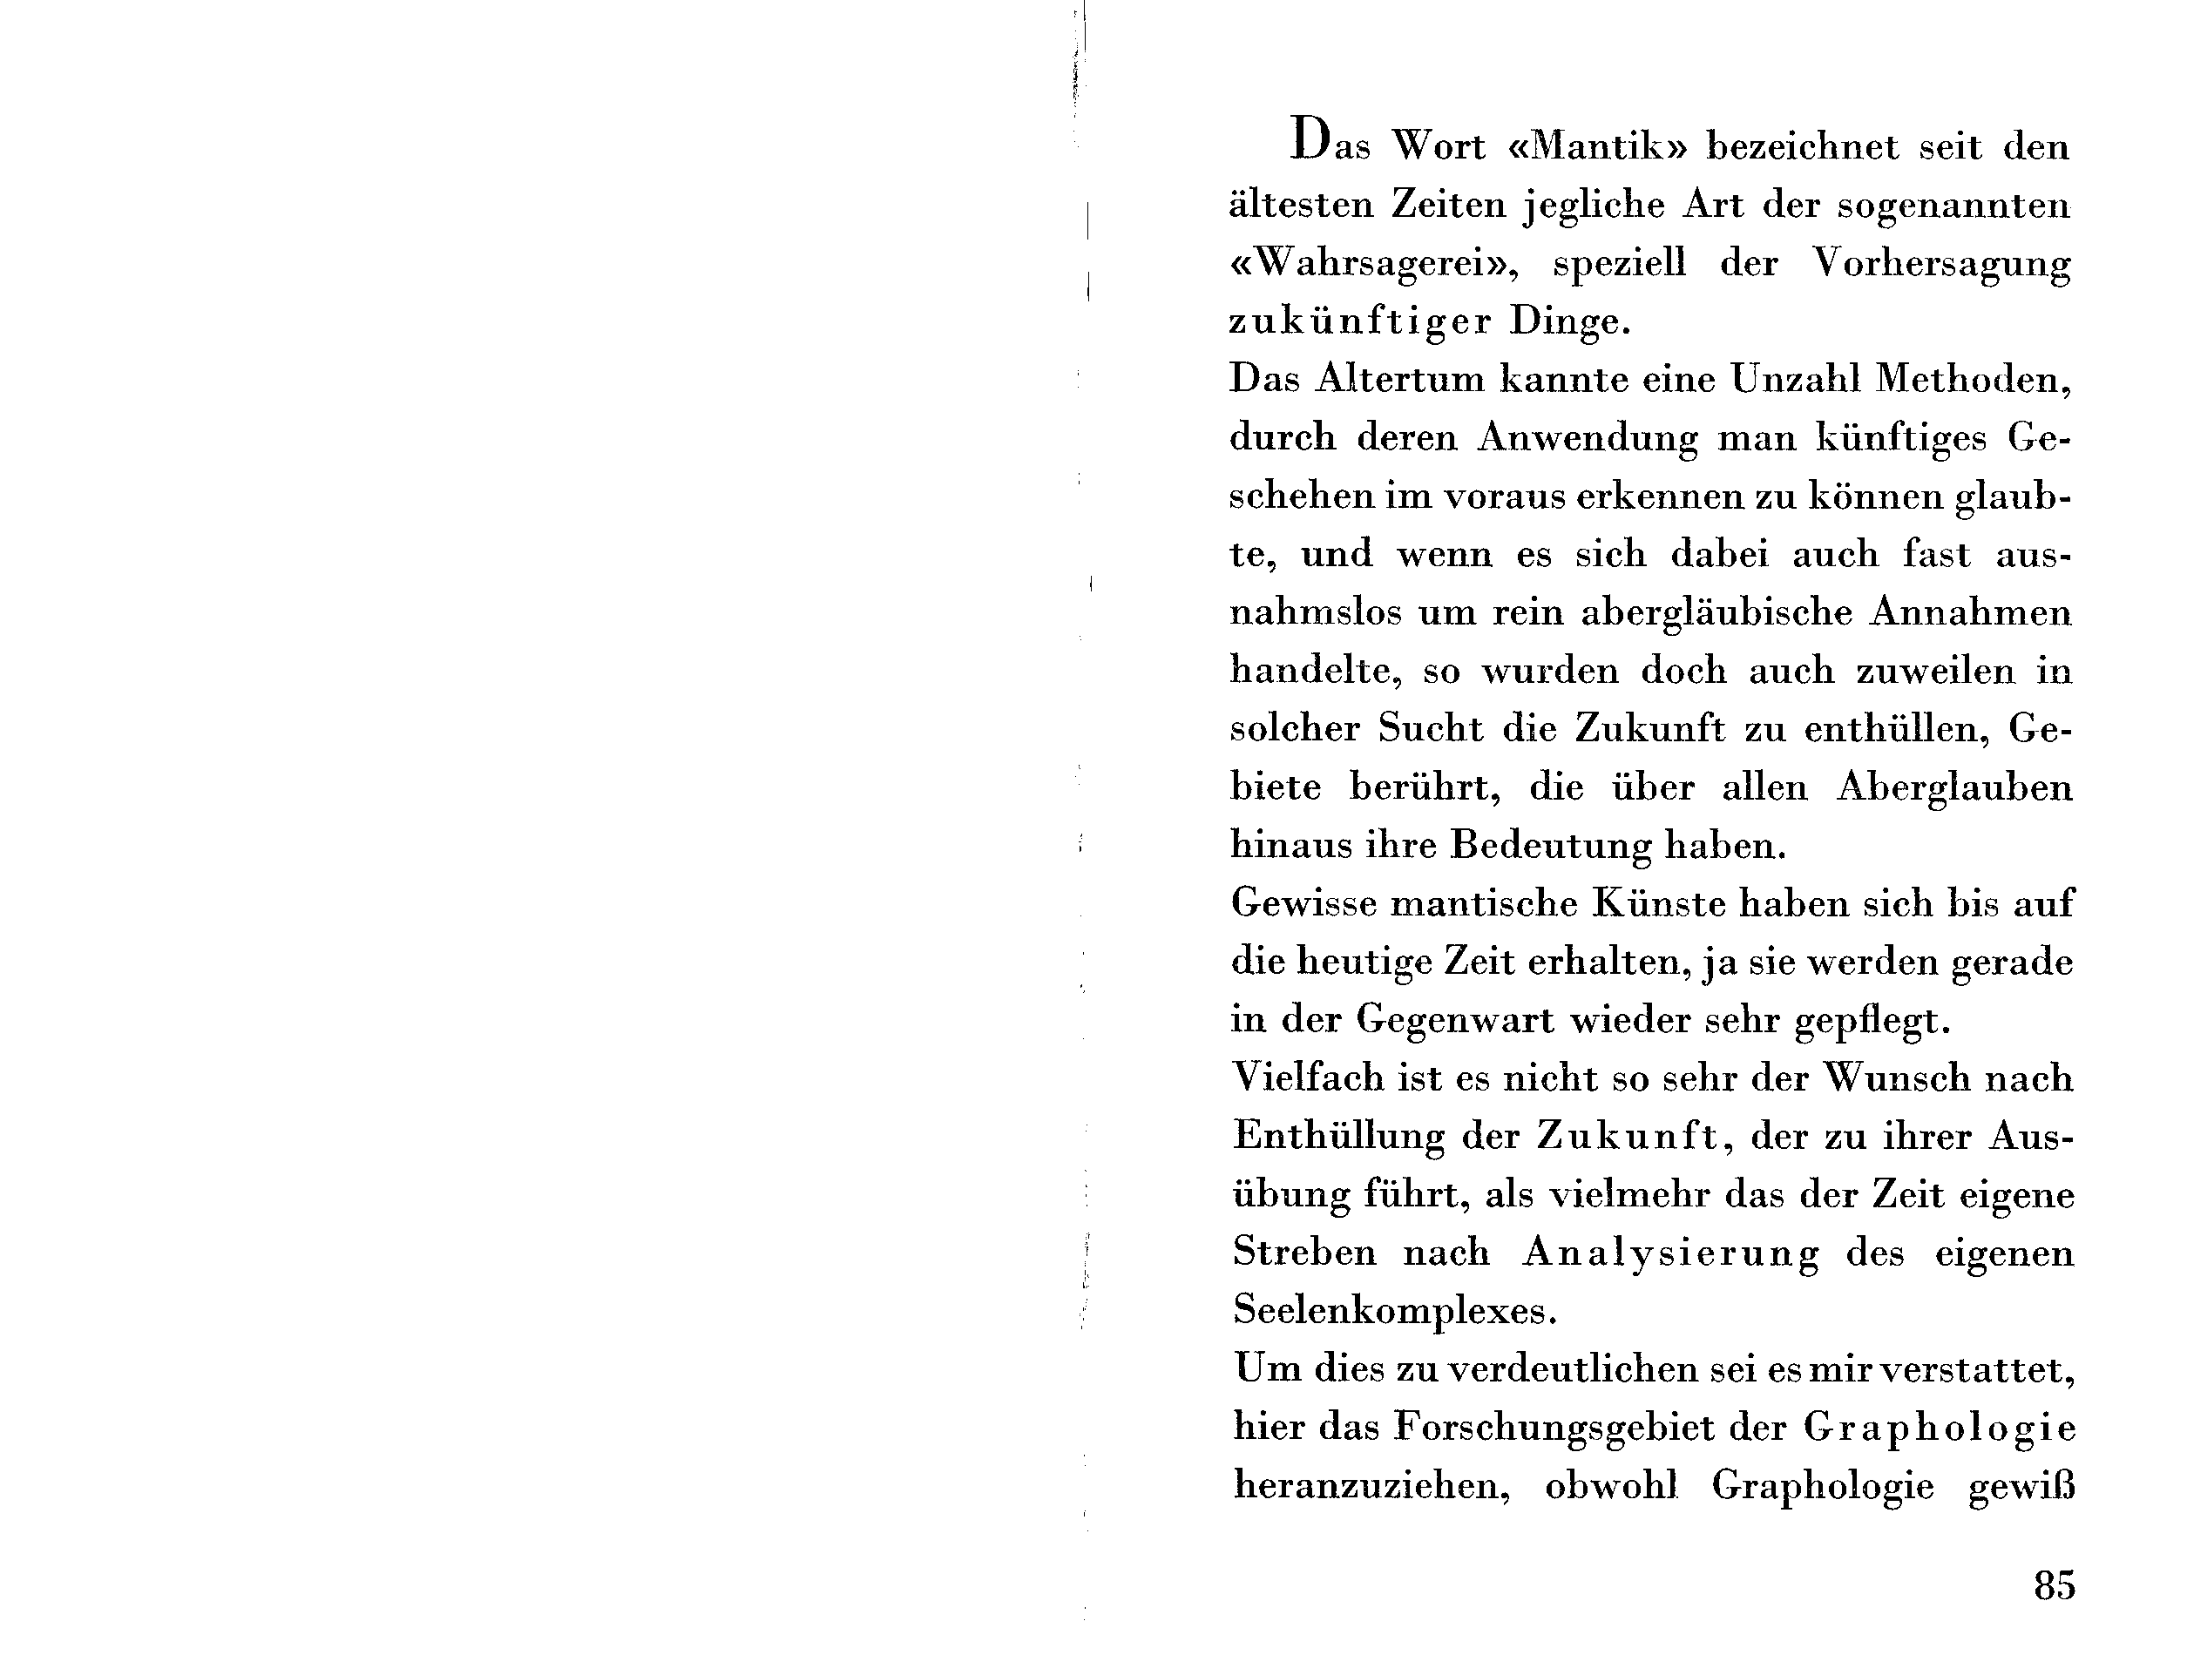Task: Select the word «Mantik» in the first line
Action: [x=1597, y=147]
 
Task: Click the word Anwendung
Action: [x=1587, y=438]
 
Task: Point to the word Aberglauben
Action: [x=1954, y=788]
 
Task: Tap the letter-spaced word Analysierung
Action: [x=1670, y=1253]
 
